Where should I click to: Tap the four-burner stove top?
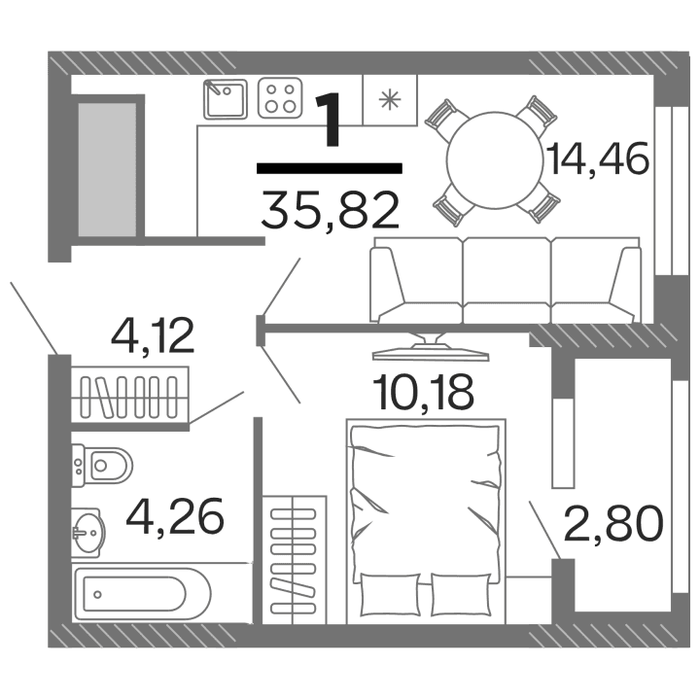pos(280,99)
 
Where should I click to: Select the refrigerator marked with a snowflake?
pos(389,99)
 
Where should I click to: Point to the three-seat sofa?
pos(503,282)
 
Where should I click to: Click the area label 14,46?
pos(597,158)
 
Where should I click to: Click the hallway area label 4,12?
pos(154,336)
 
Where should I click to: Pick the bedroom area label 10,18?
pos(424,392)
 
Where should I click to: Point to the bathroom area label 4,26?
pos(175,516)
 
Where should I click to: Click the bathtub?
pos(141,591)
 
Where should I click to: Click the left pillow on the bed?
pos(387,593)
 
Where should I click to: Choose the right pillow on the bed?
pos(460,593)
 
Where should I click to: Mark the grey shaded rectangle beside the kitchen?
pos(107,167)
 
